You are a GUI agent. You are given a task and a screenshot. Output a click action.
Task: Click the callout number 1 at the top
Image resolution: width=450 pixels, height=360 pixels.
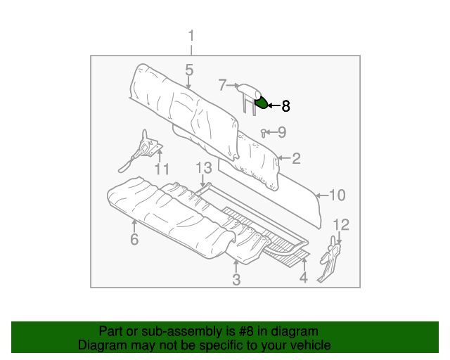pos(191,36)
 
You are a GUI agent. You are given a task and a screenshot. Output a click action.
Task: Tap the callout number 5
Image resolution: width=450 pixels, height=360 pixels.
pos(189,70)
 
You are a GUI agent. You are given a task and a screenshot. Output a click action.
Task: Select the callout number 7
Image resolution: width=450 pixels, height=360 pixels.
pos(222,85)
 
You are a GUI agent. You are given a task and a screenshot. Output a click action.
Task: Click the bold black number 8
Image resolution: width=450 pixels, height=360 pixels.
pos(285,106)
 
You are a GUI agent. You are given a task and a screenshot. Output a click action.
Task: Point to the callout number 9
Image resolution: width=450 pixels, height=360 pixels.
pos(281,131)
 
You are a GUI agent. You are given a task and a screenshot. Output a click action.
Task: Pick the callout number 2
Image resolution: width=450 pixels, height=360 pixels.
pos(296,158)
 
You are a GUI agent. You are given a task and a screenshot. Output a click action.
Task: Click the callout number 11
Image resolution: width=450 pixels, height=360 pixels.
pos(162,169)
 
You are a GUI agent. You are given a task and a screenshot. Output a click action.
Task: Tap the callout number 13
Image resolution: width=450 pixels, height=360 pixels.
pos(203,167)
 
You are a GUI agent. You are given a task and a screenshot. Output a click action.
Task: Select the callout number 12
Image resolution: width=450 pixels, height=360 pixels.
pos(340,224)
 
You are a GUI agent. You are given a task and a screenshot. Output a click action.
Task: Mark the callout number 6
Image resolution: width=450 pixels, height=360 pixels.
pos(134,239)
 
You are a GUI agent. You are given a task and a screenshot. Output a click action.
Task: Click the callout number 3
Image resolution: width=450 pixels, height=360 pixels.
pos(236,280)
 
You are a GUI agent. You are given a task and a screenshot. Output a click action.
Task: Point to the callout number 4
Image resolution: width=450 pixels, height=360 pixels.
pos(304,278)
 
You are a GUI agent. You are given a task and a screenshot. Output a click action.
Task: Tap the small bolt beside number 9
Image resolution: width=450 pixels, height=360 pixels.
pos(264,131)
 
